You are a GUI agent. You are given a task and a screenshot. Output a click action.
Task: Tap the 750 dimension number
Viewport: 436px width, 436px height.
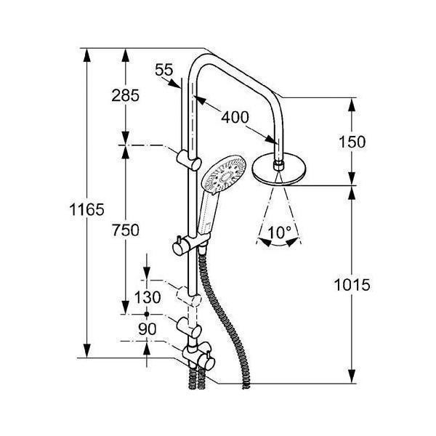[x=126, y=230]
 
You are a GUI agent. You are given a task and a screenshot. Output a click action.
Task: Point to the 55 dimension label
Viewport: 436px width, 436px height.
[x=164, y=70]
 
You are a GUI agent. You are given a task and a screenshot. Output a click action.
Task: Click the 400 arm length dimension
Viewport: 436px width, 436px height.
[x=234, y=116]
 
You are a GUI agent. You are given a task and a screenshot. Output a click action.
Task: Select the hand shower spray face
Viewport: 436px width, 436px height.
[x=225, y=175]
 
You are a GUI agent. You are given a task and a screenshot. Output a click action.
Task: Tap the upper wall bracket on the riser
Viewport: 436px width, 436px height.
[x=187, y=158]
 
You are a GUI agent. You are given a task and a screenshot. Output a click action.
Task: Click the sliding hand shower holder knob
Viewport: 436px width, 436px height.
[x=178, y=245]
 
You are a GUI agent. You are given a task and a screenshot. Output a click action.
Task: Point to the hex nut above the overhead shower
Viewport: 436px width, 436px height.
[x=278, y=166]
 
